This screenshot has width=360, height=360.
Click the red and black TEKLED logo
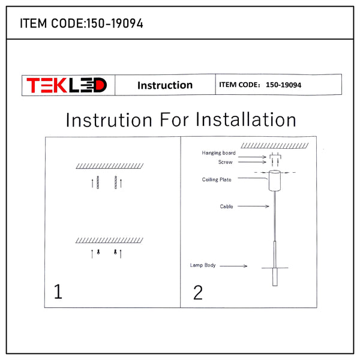pos(67,85)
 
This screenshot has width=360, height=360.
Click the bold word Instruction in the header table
pos(165,85)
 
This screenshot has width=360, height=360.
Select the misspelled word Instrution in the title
pos(109,120)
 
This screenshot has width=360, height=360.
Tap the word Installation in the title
pos(245,119)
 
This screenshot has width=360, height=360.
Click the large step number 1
pos(58,291)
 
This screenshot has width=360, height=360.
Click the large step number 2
pos(198,293)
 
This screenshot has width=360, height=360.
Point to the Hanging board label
pos(218,153)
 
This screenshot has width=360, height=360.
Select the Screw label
pos(225,162)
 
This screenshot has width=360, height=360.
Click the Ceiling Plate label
pos(217,179)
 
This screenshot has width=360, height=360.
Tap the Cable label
pos(226,206)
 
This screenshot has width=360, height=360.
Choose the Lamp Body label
pos(203,265)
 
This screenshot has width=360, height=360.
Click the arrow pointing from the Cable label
pos(253,206)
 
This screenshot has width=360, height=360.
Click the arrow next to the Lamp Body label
pos(233,266)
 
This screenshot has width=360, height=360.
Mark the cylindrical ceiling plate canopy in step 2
pos(275,181)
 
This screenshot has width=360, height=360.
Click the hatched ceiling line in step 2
pos(275,146)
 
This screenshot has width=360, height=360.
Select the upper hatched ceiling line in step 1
pos(110,166)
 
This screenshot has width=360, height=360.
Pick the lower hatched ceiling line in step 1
pos(110,241)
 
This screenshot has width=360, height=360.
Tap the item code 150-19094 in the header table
pos(283,85)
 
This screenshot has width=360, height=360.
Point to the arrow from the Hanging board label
pos(252,157)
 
